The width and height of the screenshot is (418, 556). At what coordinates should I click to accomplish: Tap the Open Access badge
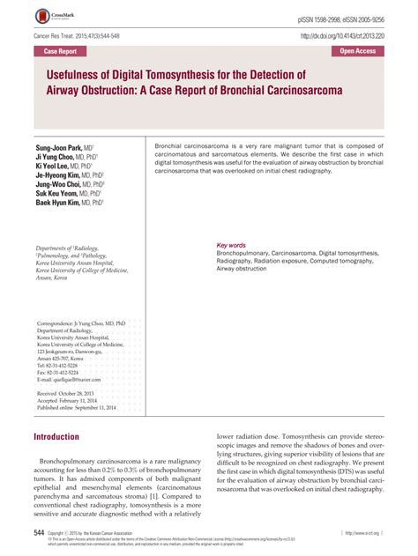coord(363,52)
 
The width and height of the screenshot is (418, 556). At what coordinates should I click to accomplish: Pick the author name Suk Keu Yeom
coord(62,189)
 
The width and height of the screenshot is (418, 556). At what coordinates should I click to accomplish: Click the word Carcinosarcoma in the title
coord(294,90)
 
